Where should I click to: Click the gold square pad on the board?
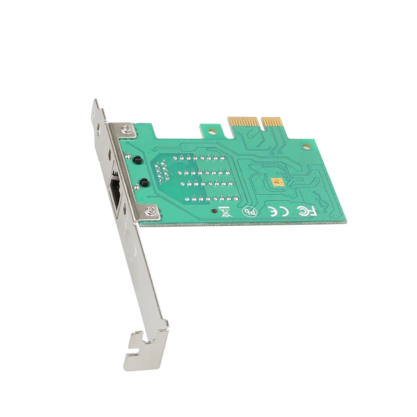278,181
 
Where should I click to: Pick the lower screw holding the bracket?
152,210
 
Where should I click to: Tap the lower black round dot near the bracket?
142,181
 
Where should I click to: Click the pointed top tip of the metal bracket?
95,99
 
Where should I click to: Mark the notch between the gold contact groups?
260,122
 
